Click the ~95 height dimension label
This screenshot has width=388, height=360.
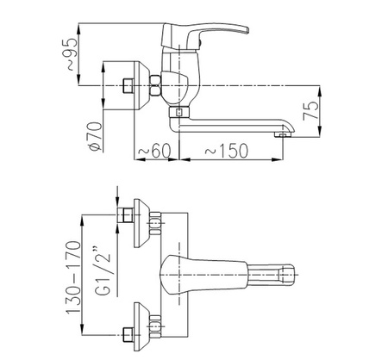[x=72, y=54]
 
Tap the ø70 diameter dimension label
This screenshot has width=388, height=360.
[x=96, y=136]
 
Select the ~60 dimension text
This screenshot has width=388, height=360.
[x=154, y=151]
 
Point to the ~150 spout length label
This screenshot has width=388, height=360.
[x=226, y=151]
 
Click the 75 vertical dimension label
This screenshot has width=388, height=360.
[x=311, y=110]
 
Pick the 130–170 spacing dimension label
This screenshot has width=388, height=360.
[x=73, y=277]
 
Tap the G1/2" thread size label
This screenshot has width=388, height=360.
[x=103, y=270]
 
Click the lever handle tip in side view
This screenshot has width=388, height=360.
[x=246, y=30]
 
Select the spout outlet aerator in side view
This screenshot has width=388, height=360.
[x=282, y=134]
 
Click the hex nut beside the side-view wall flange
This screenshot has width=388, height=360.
[x=155, y=85]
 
